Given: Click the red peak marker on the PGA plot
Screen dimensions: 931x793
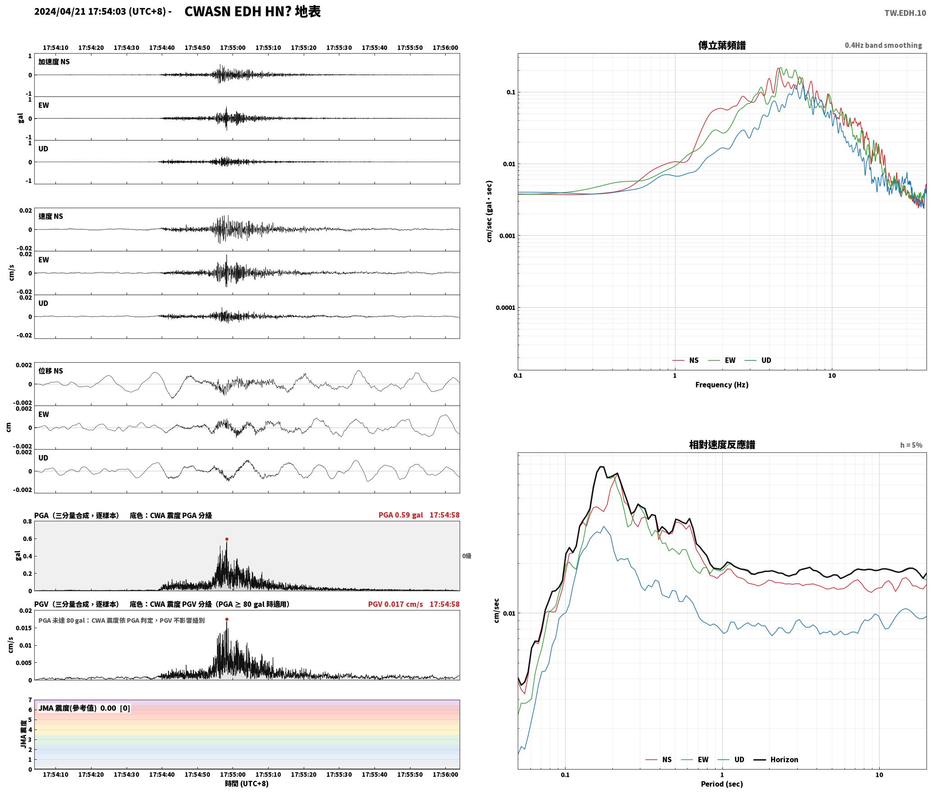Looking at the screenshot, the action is coord(227,539).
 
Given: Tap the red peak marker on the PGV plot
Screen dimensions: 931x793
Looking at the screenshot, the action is coord(227,619).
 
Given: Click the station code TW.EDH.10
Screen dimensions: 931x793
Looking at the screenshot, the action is coord(905,13).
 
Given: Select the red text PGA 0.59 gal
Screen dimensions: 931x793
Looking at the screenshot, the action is coord(401,515).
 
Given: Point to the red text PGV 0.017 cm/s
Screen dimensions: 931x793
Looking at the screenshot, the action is coord(395,604).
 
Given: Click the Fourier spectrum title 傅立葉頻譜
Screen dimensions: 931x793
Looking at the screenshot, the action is coord(721,45).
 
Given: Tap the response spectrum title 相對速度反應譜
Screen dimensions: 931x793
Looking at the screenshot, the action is coord(722,444).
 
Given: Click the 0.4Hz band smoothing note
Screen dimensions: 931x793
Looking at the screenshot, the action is coord(883,45).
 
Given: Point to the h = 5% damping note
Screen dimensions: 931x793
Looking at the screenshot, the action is coord(911,445).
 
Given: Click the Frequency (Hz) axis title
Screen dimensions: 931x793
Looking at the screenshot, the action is coord(721,384).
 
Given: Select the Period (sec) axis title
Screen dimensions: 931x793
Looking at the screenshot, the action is coord(721,784).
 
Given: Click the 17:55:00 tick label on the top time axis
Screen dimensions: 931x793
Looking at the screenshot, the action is coord(233,47).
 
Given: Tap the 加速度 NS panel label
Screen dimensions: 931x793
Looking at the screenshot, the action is coord(54,62).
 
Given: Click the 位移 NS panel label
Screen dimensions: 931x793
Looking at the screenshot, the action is coord(50,371).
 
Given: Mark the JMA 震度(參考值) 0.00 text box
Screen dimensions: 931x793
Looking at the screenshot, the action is coord(84,708).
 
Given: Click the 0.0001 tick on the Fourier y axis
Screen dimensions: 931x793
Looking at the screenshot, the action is coord(505,308).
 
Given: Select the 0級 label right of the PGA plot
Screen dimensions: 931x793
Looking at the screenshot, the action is coord(466,556).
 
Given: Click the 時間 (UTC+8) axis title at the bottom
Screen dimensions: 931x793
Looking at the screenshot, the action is coord(246,783).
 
